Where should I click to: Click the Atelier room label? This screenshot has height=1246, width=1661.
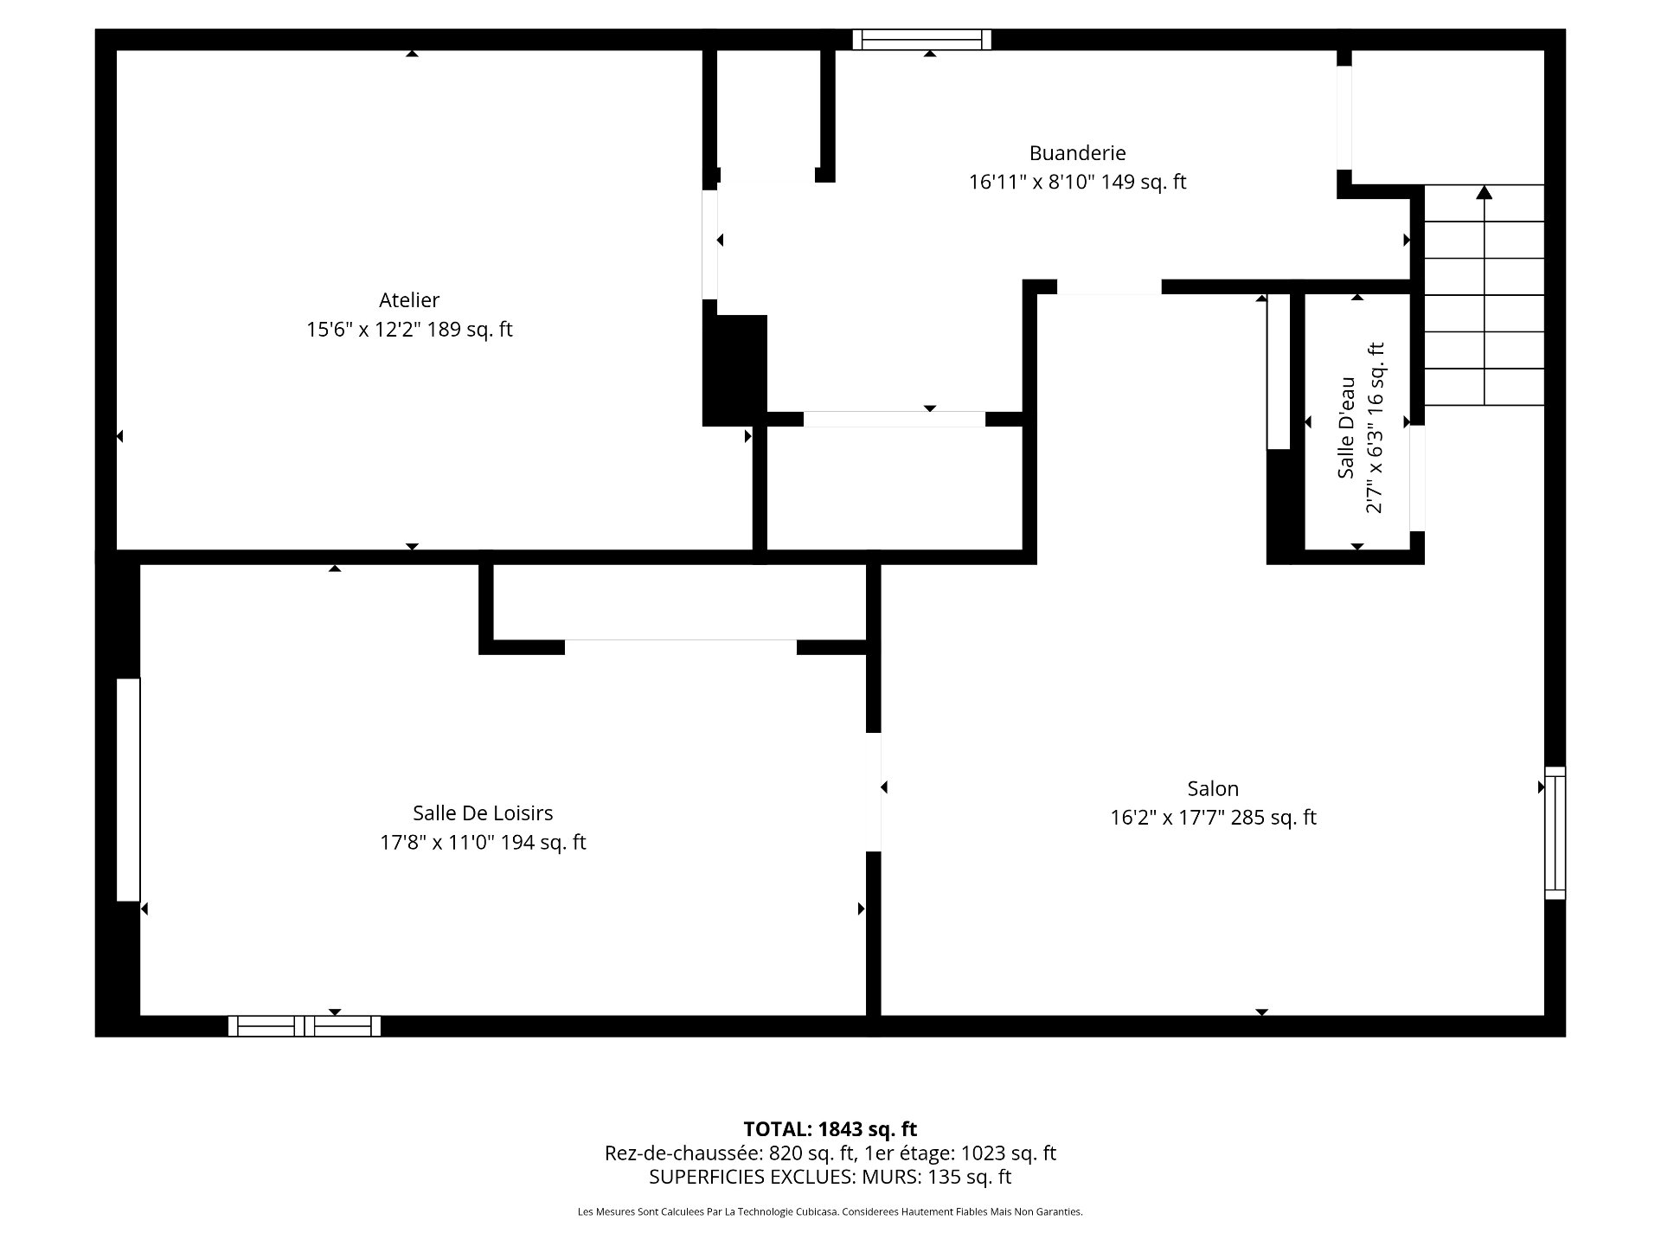click(409, 300)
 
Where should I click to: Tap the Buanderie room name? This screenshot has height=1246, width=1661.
click(1077, 153)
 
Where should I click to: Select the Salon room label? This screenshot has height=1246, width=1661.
click(1213, 788)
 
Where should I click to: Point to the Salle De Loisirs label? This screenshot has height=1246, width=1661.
click(483, 812)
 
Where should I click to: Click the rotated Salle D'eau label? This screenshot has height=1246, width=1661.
click(1346, 427)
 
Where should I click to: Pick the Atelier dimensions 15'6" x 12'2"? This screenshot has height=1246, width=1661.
click(362, 330)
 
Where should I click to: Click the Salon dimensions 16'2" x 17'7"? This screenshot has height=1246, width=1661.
click(1167, 818)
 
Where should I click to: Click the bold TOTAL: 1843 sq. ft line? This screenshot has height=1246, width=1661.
click(830, 1129)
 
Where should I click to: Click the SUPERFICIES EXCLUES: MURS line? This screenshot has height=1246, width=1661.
click(830, 1177)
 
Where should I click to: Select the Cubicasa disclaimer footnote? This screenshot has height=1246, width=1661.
click(830, 1212)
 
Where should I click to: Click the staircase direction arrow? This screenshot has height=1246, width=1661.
click(1485, 294)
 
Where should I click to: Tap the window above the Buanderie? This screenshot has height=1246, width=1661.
click(922, 40)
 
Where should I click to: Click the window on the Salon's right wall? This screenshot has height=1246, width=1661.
click(1555, 832)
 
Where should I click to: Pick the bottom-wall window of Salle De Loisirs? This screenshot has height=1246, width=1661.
click(305, 1026)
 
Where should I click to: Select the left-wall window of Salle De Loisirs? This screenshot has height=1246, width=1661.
click(128, 790)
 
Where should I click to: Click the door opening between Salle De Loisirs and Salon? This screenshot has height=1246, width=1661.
click(874, 793)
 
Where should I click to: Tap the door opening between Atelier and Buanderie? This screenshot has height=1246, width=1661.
click(710, 245)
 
